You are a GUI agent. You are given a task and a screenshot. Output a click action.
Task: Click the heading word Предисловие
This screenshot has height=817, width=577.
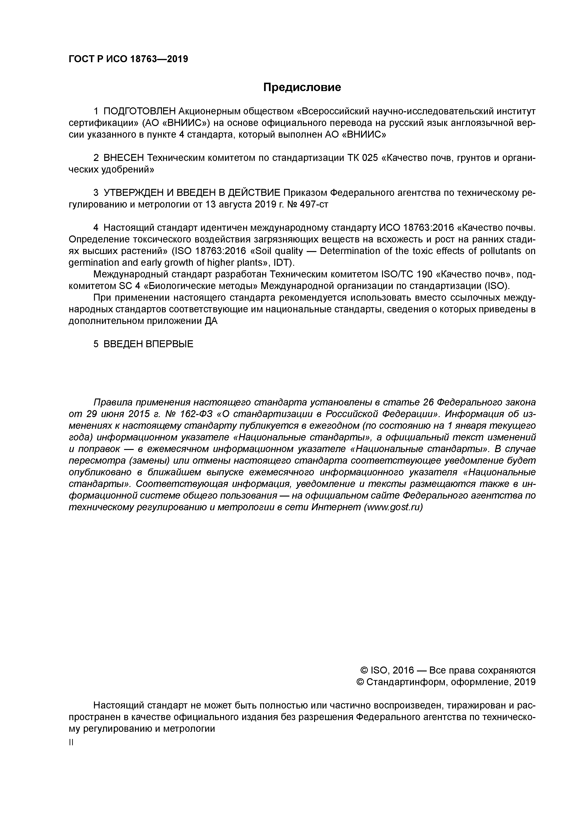(302, 87)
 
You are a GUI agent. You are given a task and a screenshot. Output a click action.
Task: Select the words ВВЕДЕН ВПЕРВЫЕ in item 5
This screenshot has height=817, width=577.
(148, 344)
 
